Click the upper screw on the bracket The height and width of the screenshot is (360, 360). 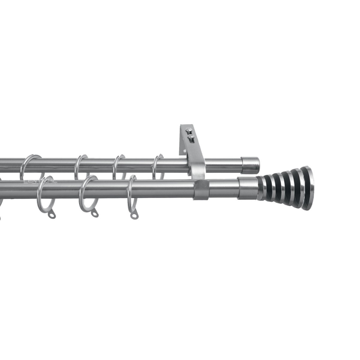189,131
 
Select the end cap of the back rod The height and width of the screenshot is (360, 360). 250,165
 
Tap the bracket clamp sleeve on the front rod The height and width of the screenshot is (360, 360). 202,189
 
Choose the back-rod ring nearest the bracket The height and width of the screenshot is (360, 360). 156,166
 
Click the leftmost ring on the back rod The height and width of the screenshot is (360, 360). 28,166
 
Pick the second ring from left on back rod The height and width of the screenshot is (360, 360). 80,166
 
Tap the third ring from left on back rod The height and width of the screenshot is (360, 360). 118,166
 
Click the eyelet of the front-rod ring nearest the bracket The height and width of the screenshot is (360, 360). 134,216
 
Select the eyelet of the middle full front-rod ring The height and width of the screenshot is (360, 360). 94,214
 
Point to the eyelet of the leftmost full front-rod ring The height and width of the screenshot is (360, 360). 52,215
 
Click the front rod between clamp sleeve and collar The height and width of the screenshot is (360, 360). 223,189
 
